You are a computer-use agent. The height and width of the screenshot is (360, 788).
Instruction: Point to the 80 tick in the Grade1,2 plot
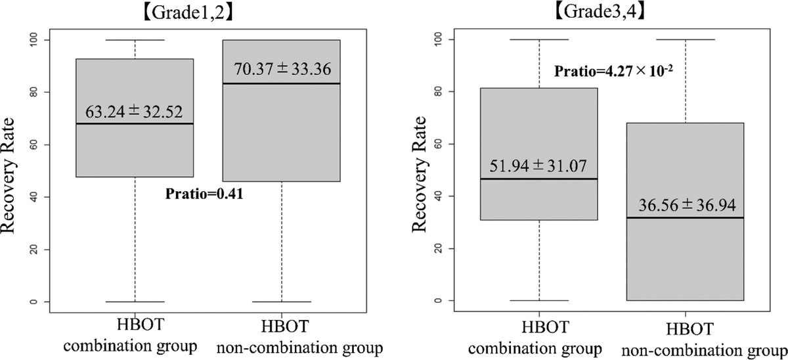(x=38, y=92)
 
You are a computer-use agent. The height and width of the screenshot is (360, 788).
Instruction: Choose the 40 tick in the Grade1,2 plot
(x=38, y=197)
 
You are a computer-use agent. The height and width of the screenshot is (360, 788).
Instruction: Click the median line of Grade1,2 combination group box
(x=135, y=124)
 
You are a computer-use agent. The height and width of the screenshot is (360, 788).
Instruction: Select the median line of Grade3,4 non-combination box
(x=685, y=217)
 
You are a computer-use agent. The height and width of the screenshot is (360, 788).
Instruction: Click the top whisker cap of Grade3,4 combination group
(x=538, y=39)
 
